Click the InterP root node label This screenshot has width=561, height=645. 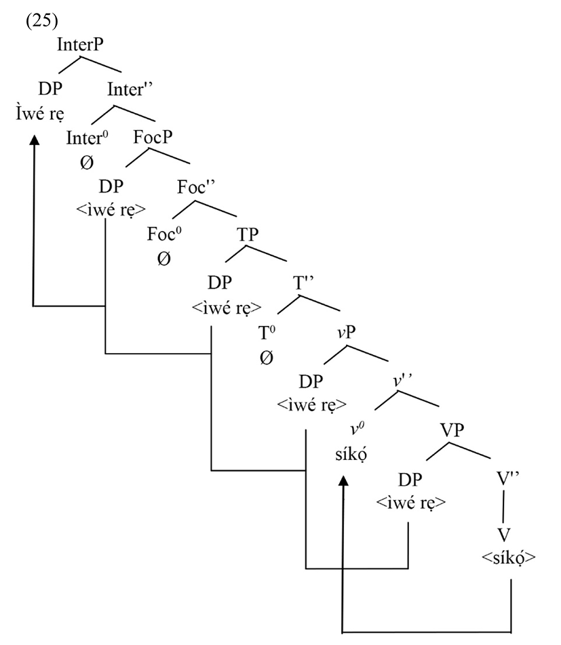tap(84, 45)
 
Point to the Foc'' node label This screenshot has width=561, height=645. tap(196, 186)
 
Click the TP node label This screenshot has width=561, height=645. tap(248, 234)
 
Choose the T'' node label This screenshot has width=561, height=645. tap(303, 283)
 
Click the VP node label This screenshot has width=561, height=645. tap(450, 430)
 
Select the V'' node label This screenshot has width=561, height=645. tap(505, 480)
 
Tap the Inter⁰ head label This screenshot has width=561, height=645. tap(85, 138)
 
